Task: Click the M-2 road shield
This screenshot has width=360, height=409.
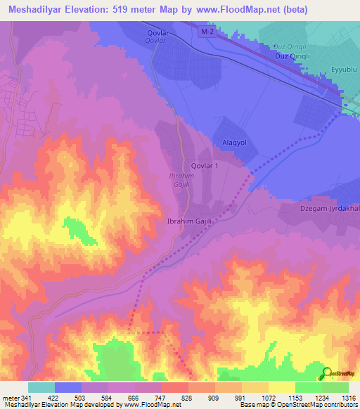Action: coord(205,34)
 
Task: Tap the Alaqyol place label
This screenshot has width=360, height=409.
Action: coord(234,141)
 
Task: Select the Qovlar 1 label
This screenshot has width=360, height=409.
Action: coord(214,165)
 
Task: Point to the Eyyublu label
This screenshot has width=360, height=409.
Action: coord(345,69)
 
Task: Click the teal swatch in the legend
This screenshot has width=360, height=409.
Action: coord(41,387)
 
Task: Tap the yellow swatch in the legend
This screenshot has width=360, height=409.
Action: coord(282,387)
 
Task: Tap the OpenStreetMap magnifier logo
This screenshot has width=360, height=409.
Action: coord(326,373)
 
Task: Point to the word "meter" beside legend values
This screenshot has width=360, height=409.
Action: coord(11,397)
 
